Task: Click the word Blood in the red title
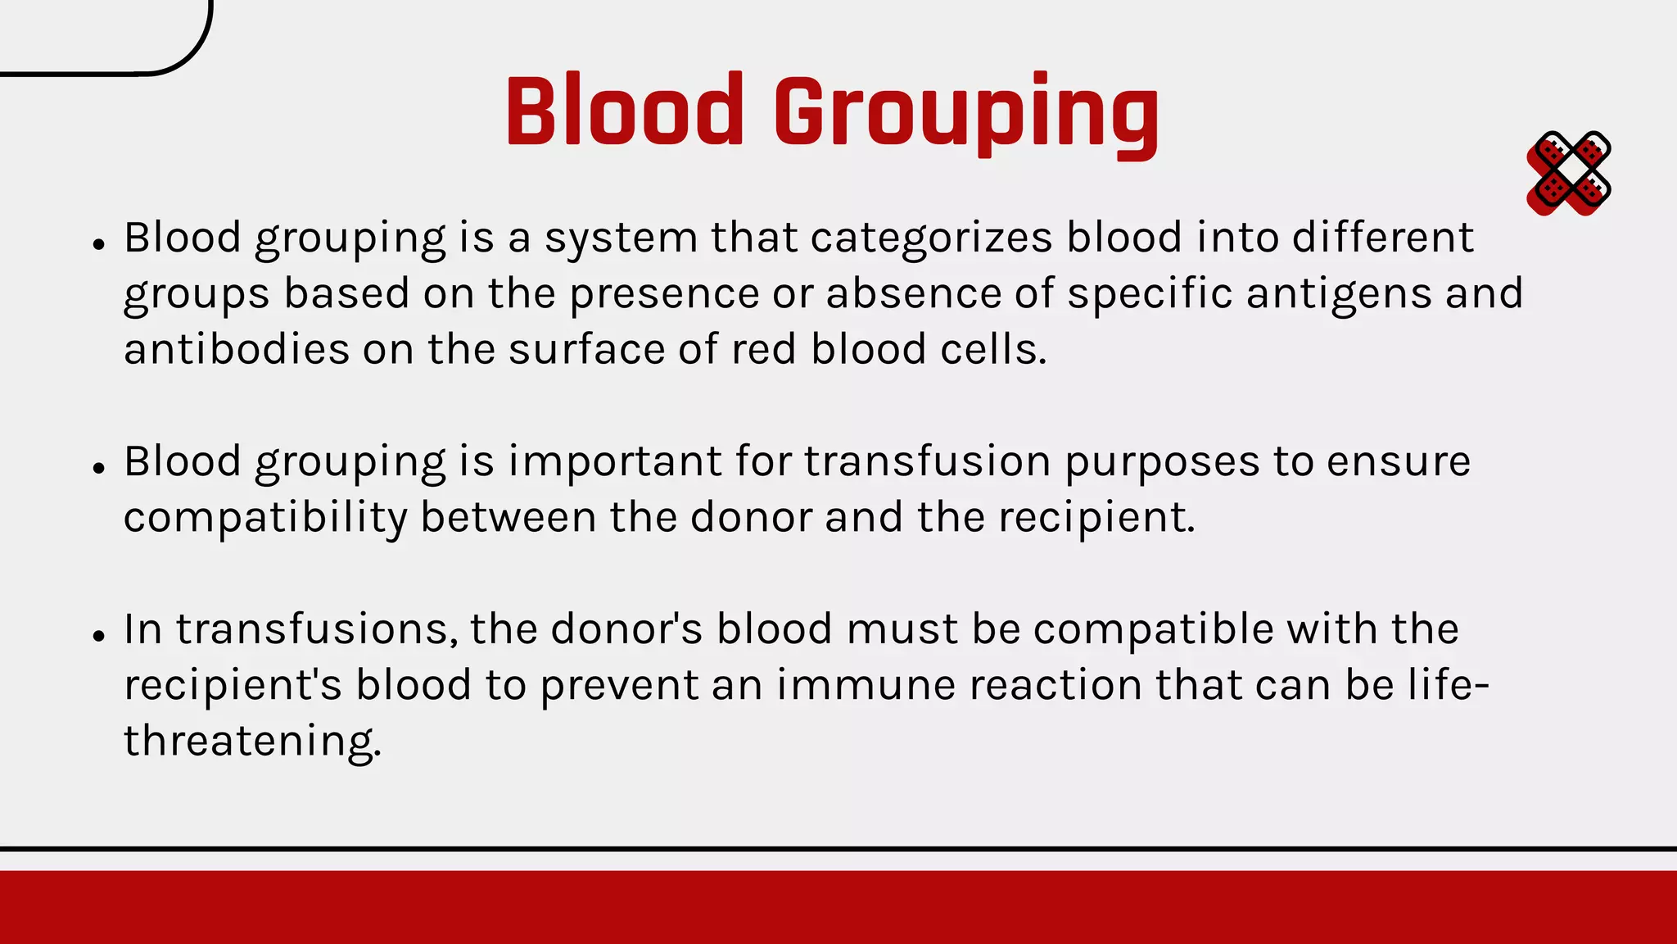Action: point(624,111)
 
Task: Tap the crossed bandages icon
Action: point(1568,174)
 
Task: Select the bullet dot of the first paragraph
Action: point(99,244)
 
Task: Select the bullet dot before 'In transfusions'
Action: point(99,635)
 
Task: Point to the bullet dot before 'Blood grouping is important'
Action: point(99,468)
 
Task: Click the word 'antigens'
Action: point(1338,294)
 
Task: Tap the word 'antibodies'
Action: point(237,349)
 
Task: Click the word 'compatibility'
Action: point(264,518)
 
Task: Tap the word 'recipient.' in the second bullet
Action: point(1096,518)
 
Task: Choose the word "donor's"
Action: point(626,629)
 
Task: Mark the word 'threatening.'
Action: point(252,741)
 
